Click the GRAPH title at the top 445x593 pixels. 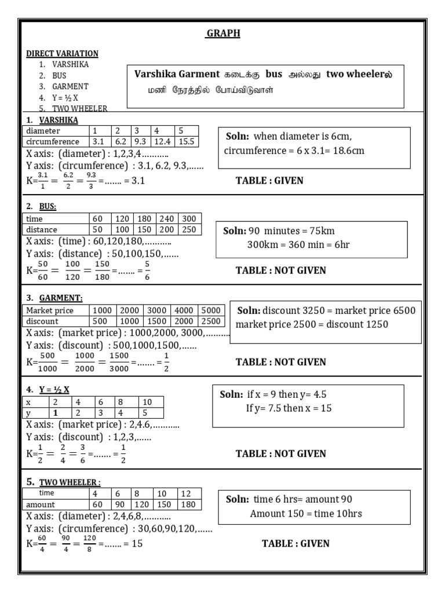[x=223, y=34]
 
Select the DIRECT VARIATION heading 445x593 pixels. [x=62, y=53]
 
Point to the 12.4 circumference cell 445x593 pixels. [x=163, y=141]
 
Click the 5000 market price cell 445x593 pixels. [x=211, y=310]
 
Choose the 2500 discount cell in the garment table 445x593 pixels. [x=211, y=321]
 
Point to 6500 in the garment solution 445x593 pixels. [x=404, y=310]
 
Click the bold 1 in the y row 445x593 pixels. [x=55, y=413]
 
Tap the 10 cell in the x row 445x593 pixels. [x=147, y=402]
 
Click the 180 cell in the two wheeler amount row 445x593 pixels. [x=189, y=504]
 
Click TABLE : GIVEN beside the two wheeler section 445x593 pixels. [x=296, y=543]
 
